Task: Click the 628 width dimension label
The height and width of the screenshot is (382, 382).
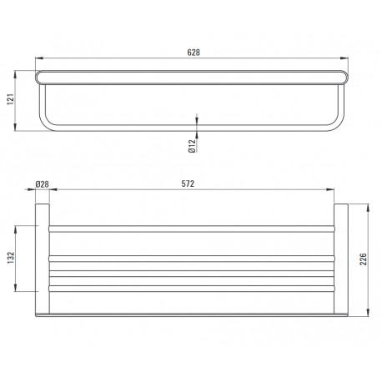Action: point(194,53)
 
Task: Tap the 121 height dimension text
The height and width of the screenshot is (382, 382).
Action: point(10,99)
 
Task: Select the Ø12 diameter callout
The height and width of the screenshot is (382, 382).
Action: point(192,146)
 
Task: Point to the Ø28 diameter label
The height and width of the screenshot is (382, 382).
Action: point(43,184)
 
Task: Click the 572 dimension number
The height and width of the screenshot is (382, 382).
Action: point(188,183)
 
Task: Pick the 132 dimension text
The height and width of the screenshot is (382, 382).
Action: point(11,258)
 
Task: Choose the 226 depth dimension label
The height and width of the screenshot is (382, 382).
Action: point(364,259)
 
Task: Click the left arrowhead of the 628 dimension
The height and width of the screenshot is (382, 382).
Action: point(39,58)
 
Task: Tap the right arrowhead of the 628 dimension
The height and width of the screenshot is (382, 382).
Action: point(344,58)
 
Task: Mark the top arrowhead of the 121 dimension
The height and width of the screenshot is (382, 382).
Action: point(15,74)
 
